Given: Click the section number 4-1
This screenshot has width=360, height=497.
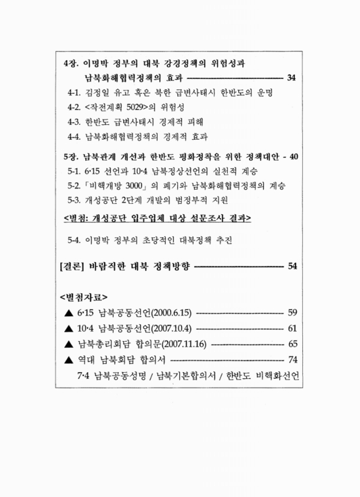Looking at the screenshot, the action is tap(75, 93).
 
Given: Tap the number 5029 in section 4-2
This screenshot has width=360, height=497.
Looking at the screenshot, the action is tap(145, 107).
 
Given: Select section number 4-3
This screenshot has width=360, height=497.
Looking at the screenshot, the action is tap(75, 121).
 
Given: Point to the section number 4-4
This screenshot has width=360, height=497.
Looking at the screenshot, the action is tap(75, 135).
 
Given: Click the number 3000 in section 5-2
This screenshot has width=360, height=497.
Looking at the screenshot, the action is tap(147, 185).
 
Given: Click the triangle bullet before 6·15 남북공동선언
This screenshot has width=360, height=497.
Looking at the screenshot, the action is tap(68, 312).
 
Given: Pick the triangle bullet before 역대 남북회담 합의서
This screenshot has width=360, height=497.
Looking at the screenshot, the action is tap(68, 360).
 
